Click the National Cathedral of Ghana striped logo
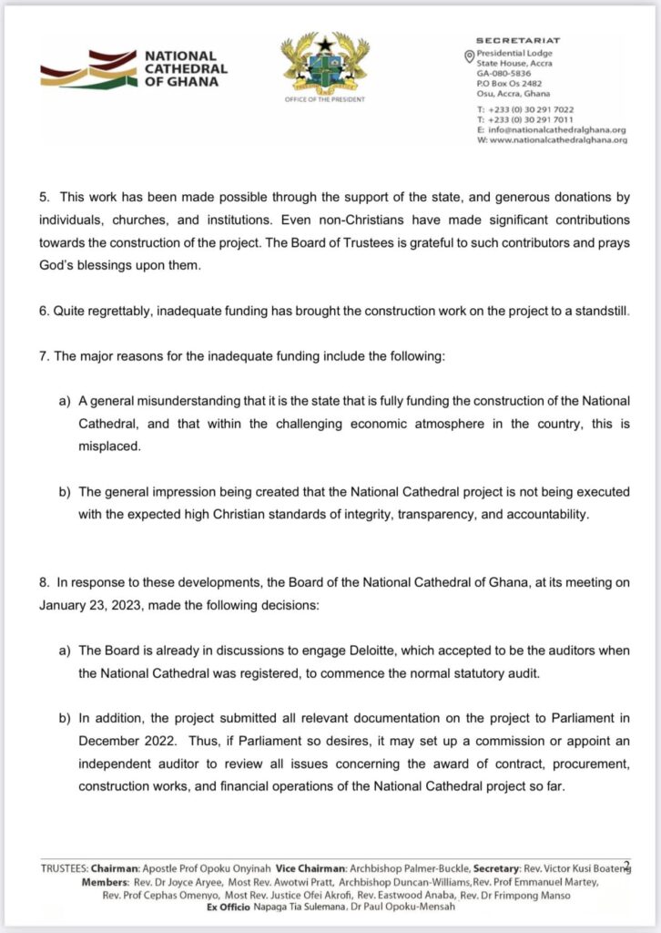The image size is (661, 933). (x=88, y=69)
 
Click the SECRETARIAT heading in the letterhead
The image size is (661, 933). (x=518, y=41)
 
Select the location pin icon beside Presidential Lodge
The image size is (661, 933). (x=469, y=56)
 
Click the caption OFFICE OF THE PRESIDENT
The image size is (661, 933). (x=325, y=99)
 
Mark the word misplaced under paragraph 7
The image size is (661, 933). (x=109, y=446)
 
